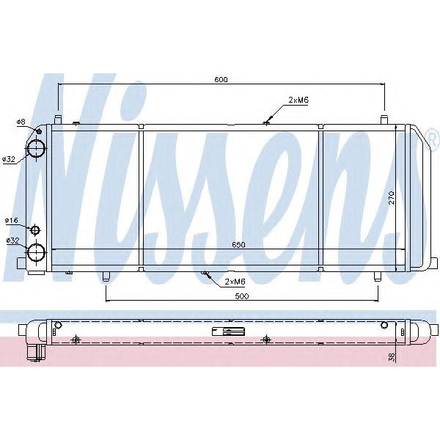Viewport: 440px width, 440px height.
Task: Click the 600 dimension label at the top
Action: click(219, 78)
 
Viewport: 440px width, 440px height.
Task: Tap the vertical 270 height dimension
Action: click(392, 197)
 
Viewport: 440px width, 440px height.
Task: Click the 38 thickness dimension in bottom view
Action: click(393, 356)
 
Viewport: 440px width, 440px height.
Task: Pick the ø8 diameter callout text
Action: click(21, 121)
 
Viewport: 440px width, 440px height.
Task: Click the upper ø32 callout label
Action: click(10, 159)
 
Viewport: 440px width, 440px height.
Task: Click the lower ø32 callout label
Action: click(12, 240)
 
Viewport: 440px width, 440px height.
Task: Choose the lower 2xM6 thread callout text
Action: click(235, 281)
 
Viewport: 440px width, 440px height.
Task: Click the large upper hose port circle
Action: click(36, 148)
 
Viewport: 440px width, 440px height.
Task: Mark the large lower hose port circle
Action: click(36, 254)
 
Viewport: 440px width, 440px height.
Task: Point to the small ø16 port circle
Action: click(34, 230)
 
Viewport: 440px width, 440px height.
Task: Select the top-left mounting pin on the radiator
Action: click(57, 117)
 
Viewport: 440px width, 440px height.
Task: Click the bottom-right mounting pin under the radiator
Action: click(376, 277)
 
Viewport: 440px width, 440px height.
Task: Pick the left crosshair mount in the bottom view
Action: click(76, 339)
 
